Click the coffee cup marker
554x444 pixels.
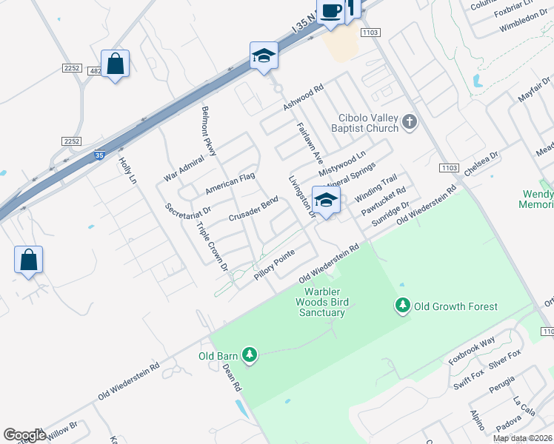coord(331,12)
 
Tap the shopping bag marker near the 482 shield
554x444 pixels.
coord(115,64)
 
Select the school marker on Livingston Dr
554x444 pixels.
coord(326,200)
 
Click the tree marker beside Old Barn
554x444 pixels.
coord(250,356)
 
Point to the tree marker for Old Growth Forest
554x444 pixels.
coord(403,305)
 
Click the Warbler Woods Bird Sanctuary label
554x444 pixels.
coord(321,302)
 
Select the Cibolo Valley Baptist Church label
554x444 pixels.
coord(358,123)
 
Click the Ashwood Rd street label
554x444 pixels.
coord(304,98)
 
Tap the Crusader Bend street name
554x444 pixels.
coord(253,209)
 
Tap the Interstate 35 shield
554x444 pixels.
coord(100,155)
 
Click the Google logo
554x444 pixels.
coord(24,435)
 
